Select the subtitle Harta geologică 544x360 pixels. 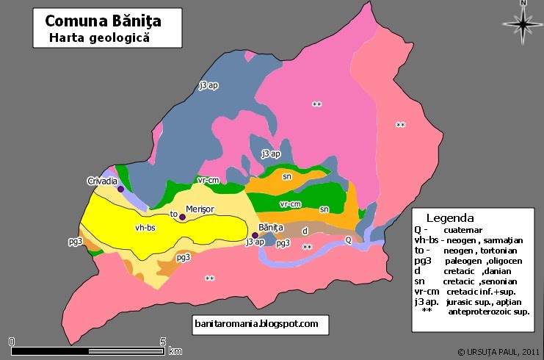pos(98,37)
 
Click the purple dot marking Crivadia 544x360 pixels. pos(120,189)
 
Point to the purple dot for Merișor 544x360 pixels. pos(183,217)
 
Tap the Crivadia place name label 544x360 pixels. pos(102,181)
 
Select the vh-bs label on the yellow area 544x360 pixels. pos(145,228)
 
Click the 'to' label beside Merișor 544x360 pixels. pos(174,215)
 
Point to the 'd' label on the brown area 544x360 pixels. pos(305,231)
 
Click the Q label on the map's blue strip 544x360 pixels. pos(348,240)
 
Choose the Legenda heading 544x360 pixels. pos(450,218)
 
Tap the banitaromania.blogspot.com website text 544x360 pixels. pos(255,323)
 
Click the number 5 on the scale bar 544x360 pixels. pos(162,341)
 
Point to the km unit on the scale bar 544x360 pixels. pos(175,351)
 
